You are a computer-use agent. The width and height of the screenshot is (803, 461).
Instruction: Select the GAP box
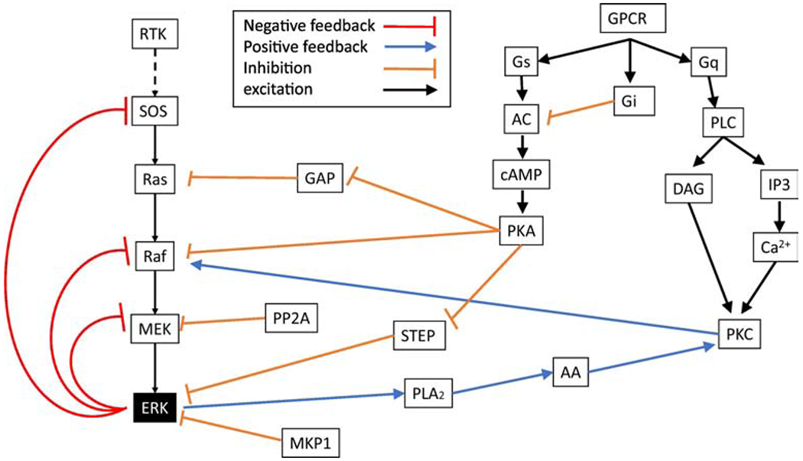[x=319, y=178]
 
